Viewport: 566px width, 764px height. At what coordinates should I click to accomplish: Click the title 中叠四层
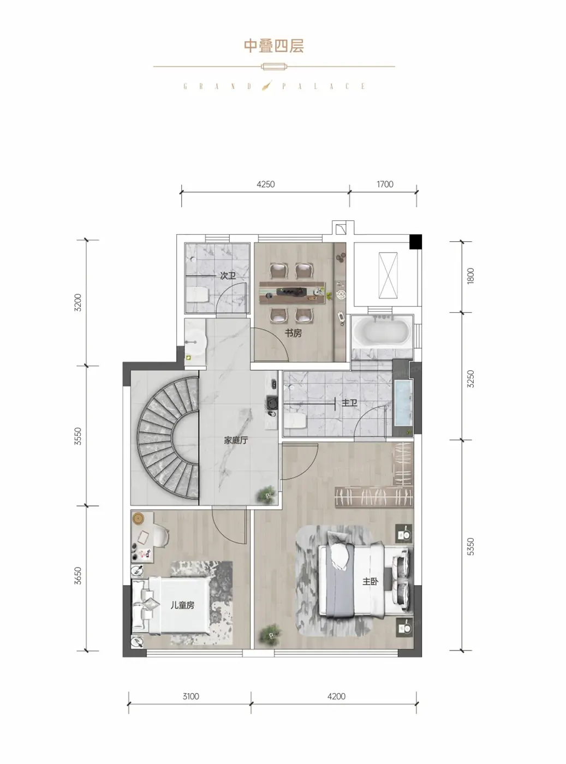(x=274, y=46)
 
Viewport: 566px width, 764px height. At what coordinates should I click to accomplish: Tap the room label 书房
(x=293, y=333)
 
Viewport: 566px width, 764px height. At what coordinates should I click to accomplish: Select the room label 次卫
(x=228, y=276)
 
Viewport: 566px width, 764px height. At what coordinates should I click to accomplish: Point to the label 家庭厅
(x=236, y=440)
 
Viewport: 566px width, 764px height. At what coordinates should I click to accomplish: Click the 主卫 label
(x=349, y=403)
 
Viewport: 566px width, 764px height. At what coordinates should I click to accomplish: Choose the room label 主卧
(x=370, y=581)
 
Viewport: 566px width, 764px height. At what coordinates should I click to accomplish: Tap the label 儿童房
(x=182, y=605)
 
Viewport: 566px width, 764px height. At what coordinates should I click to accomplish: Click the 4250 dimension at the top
(x=266, y=184)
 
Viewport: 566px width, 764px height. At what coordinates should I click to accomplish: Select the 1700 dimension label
(x=385, y=184)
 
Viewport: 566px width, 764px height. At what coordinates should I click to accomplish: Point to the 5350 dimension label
(x=470, y=546)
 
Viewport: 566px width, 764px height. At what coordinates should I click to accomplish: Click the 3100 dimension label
(x=191, y=696)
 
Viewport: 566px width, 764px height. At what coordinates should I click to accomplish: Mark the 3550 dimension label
(x=78, y=436)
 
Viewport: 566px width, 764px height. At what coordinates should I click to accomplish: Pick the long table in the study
(x=292, y=293)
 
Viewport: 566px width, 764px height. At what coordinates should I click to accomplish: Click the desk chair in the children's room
(x=162, y=536)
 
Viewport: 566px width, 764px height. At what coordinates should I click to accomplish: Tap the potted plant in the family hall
(x=267, y=494)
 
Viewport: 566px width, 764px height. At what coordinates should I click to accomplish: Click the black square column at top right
(x=415, y=241)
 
